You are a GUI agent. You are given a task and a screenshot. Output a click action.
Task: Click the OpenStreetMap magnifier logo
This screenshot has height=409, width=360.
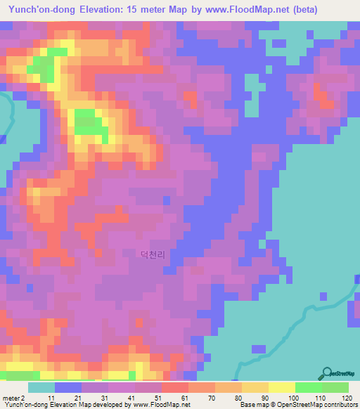(x=328, y=372)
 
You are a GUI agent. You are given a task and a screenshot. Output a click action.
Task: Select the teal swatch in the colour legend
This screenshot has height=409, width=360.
(x=41, y=387)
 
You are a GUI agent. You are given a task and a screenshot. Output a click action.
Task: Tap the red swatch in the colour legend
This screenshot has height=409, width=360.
(x=174, y=387)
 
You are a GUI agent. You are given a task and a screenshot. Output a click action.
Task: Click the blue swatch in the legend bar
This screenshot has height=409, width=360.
(x=67, y=387)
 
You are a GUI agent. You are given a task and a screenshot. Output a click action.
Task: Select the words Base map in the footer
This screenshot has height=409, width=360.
(x=255, y=405)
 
